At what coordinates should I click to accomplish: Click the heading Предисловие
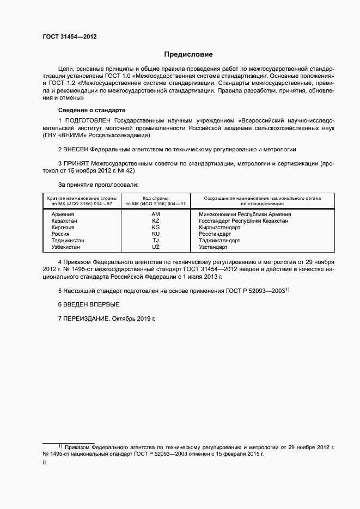point(189,54)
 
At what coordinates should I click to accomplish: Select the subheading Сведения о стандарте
point(91,110)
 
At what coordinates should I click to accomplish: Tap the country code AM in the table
point(156,214)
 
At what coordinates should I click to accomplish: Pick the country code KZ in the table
point(156,221)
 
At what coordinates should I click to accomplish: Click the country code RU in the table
point(156,234)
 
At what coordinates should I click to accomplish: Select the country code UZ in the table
point(156,247)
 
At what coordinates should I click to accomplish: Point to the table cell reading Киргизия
point(63,228)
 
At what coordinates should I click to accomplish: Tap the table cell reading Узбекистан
point(65,247)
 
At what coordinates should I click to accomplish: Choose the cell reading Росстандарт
point(215,234)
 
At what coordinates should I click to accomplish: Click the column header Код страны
point(155,198)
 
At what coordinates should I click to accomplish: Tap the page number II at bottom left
point(44,462)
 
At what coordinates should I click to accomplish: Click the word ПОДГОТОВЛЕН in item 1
point(88,120)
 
